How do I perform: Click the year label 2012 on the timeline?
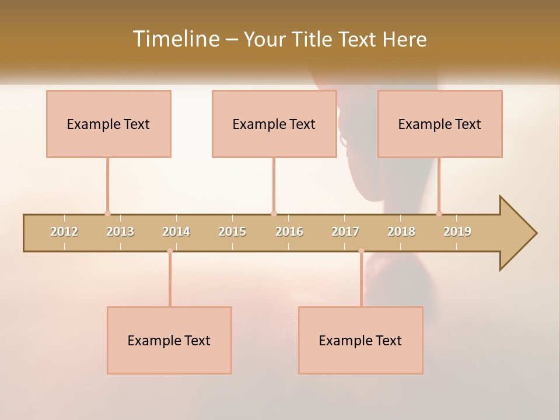[64, 232]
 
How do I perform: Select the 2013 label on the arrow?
[120, 232]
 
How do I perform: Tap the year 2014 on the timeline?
[176, 232]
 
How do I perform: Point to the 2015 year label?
[232, 232]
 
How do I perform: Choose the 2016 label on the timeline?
[289, 232]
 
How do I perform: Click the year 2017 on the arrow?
[345, 232]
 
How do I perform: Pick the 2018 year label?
[401, 232]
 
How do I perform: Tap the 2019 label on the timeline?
[457, 232]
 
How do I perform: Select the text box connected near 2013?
[108, 124]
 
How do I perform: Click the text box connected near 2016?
[274, 124]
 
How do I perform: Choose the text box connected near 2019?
[440, 124]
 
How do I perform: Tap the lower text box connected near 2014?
[169, 341]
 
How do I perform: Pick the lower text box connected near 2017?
[360, 341]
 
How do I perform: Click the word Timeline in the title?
[175, 39]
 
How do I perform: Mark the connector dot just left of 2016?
[274, 213]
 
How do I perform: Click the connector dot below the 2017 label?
[361, 251]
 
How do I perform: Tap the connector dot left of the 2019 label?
[439, 213]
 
